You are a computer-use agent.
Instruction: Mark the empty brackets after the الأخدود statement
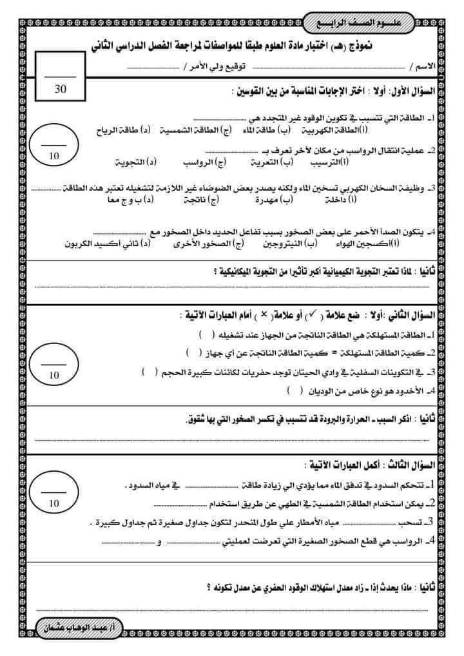pyautogui.click(x=290, y=390)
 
